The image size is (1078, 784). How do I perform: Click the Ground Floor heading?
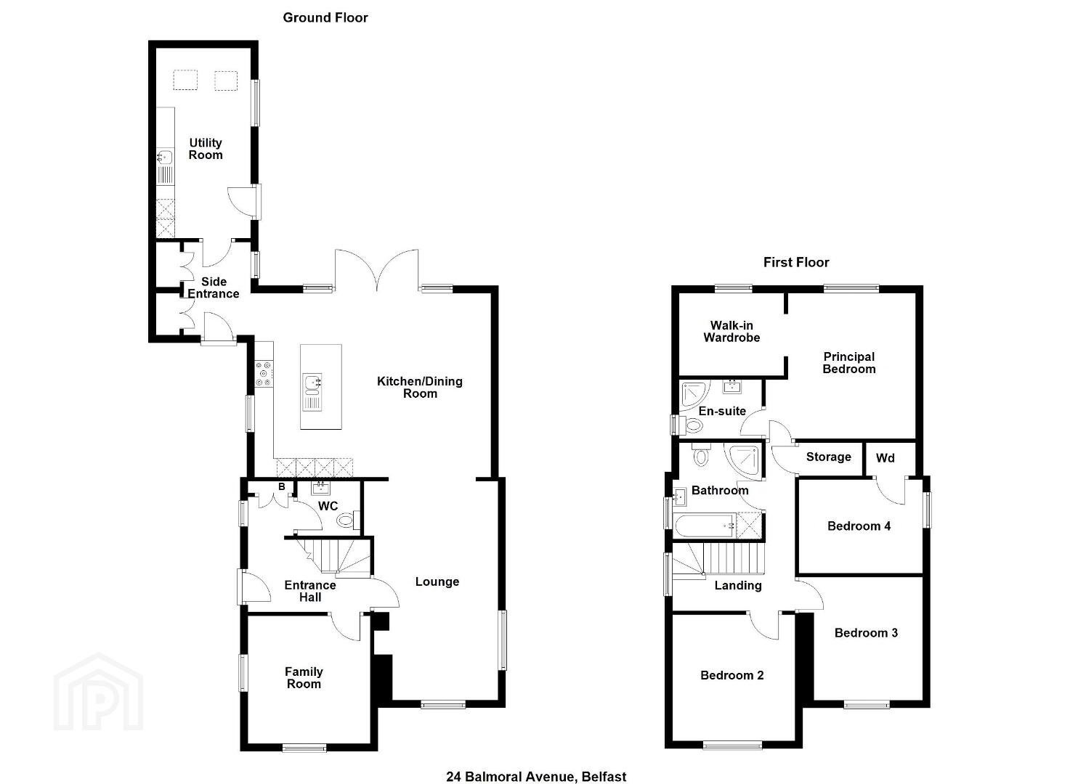325,18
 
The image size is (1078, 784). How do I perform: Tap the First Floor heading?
796,262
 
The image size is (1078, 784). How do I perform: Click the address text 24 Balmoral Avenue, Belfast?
536,763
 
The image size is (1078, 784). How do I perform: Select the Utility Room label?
206,149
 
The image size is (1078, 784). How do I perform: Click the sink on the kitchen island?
313,383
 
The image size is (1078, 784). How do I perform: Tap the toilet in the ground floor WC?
347,519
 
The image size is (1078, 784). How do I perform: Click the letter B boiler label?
282,486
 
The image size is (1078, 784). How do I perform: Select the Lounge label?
437,581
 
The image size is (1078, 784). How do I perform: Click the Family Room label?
304,678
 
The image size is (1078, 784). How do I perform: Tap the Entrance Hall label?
310,591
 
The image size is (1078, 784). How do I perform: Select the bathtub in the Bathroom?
705,526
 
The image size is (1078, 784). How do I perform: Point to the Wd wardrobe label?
885,458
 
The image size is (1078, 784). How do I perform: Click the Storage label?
828,457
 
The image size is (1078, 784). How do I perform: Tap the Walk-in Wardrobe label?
731,332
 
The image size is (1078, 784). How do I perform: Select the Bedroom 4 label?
859,526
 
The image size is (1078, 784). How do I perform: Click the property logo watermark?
99,691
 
